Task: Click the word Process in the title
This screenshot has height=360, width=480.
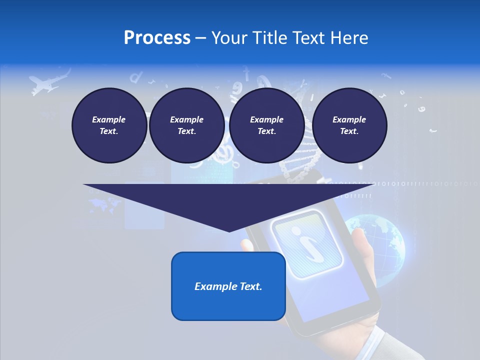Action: click(x=157, y=37)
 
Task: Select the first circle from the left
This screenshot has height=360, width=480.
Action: click(x=109, y=125)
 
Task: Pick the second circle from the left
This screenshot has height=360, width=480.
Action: click(x=186, y=125)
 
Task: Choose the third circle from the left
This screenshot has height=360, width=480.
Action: click(x=266, y=125)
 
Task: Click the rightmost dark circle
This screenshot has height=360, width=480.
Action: click(x=349, y=125)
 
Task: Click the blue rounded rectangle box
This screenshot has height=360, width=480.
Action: click(x=228, y=286)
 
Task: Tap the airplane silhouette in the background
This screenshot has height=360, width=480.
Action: click(x=48, y=82)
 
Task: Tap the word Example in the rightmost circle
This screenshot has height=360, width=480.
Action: click(x=349, y=119)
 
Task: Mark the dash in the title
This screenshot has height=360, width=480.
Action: click(x=200, y=38)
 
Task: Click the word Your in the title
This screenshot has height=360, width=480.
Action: click(x=228, y=37)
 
